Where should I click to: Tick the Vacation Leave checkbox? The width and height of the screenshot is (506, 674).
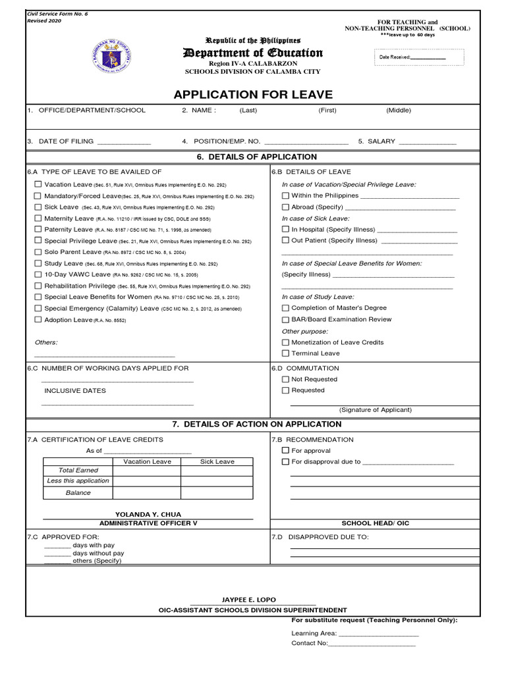(38, 184)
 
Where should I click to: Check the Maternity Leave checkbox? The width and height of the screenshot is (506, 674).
(38, 218)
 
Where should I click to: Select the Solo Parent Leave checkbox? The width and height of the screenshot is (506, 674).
(38, 252)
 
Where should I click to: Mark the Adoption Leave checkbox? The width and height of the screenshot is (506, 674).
(38, 319)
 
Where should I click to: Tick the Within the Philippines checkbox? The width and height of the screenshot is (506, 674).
(285, 195)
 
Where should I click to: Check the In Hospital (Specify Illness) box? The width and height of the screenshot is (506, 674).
(285, 229)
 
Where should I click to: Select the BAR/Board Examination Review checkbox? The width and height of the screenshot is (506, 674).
(285, 319)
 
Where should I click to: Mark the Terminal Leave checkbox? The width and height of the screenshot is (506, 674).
(285, 353)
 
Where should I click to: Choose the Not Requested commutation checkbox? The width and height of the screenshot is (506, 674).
(285, 379)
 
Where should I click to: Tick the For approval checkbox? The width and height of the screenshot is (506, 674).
(285, 450)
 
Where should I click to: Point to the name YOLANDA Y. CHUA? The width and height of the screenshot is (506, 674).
(148, 514)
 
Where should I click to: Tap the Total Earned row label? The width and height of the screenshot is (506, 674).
(78, 470)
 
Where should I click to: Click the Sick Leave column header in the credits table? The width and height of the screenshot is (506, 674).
(217, 461)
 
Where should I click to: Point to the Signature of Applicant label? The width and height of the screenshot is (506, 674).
(376, 409)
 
